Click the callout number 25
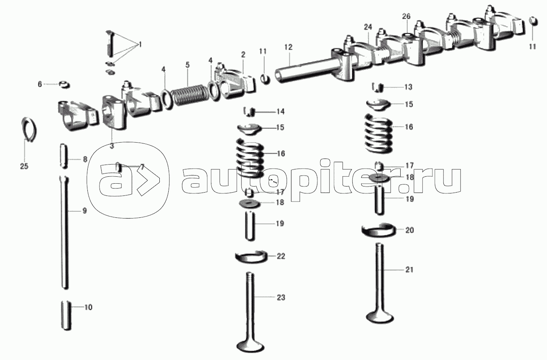[24, 166]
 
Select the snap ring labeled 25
[28, 130]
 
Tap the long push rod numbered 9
[65, 232]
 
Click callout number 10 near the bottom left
[88, 308]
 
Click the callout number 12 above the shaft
[288, 47]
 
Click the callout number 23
[281, 297]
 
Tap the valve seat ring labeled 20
[378, 230]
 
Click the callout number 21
[409, 269]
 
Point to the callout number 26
[406, 16]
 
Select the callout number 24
[368, 27]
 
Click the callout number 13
[408, 87]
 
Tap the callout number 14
[280, 111]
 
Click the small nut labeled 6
[64, 85]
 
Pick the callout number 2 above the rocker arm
[243, 54]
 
